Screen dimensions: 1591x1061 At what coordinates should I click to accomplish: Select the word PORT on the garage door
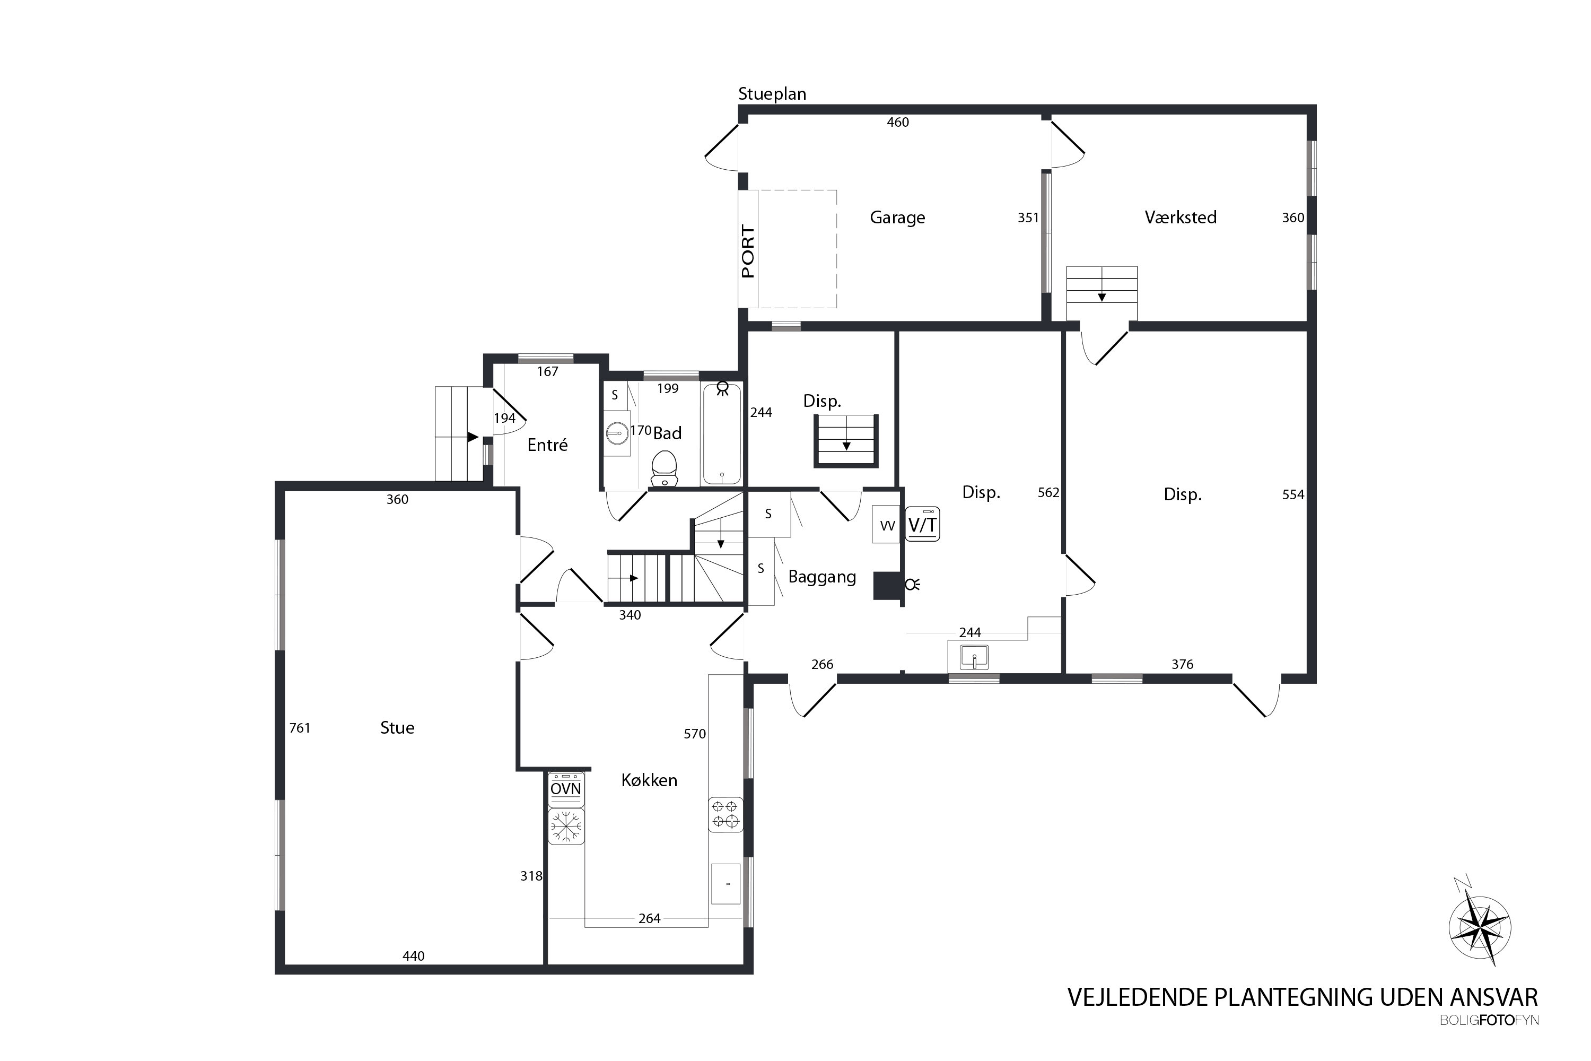[x=747, y=251]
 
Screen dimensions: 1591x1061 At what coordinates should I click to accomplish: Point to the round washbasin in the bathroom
[x=617, y=432]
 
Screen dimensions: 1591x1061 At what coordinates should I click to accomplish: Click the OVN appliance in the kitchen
[x=565, y=789]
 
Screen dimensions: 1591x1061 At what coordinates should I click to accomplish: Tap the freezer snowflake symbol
[x=565, y=826]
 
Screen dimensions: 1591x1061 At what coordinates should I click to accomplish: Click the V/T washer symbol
[x=922, y=525]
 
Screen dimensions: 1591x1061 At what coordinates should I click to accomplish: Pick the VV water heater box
[x=886, y=525]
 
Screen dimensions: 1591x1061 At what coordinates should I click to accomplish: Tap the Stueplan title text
[x=772, y=94]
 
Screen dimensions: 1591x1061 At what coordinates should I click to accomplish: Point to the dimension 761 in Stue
[x=300, y=728]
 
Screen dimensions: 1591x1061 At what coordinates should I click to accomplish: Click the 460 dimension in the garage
[x=898, y=123]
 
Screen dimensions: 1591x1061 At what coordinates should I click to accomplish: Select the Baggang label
[x=822, y=577]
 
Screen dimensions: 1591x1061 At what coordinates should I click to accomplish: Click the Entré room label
[x=547, y=445]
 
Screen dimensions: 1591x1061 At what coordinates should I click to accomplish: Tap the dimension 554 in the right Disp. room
[x=1293, y=494]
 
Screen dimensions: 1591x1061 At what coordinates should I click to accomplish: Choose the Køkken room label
[x=649, y=780]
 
